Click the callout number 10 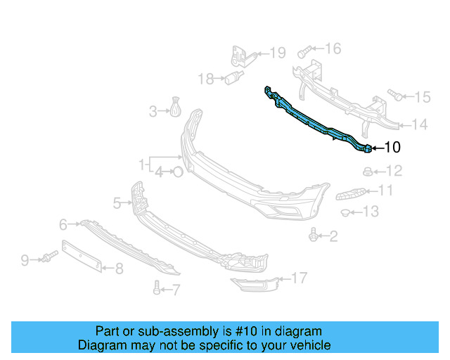(392, 148)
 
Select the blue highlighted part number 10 (316, 123)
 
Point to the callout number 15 (421, 97)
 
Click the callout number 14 (419, 125)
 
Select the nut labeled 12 (366, 171)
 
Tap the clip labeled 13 (346, 212)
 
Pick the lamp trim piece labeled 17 (255, 285)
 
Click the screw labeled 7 (156, 286)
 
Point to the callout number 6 (63, 224)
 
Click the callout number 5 (117, 203)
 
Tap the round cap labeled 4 (178, 171)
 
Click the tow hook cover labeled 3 (175, 109)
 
